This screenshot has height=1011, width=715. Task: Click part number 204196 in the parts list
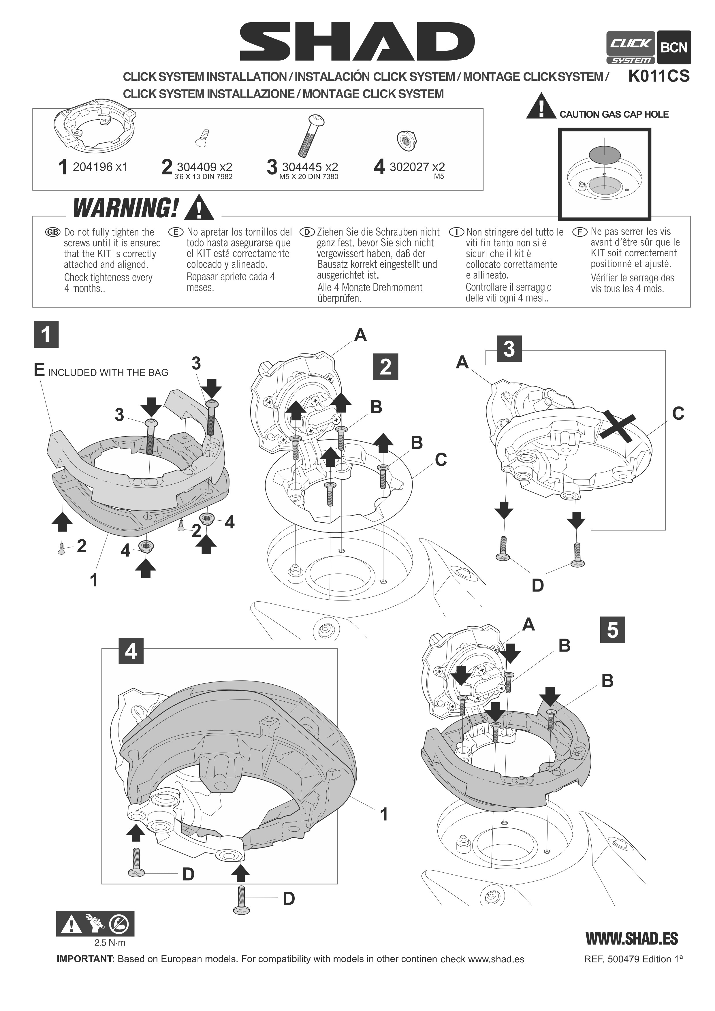click(x=93, y=167)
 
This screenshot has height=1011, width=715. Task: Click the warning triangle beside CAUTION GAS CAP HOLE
click(x=541, y=107)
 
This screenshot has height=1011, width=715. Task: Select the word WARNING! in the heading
click(x=126, y=208)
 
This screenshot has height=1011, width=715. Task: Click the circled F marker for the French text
click(x=579, y=231)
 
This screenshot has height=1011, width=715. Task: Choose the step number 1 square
click(x=46, y=335)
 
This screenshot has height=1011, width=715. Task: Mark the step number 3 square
click(x=509, y=349)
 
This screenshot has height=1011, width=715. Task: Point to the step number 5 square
click(x=612, y=630)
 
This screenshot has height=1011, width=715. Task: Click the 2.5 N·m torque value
click(x=110, y=943)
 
